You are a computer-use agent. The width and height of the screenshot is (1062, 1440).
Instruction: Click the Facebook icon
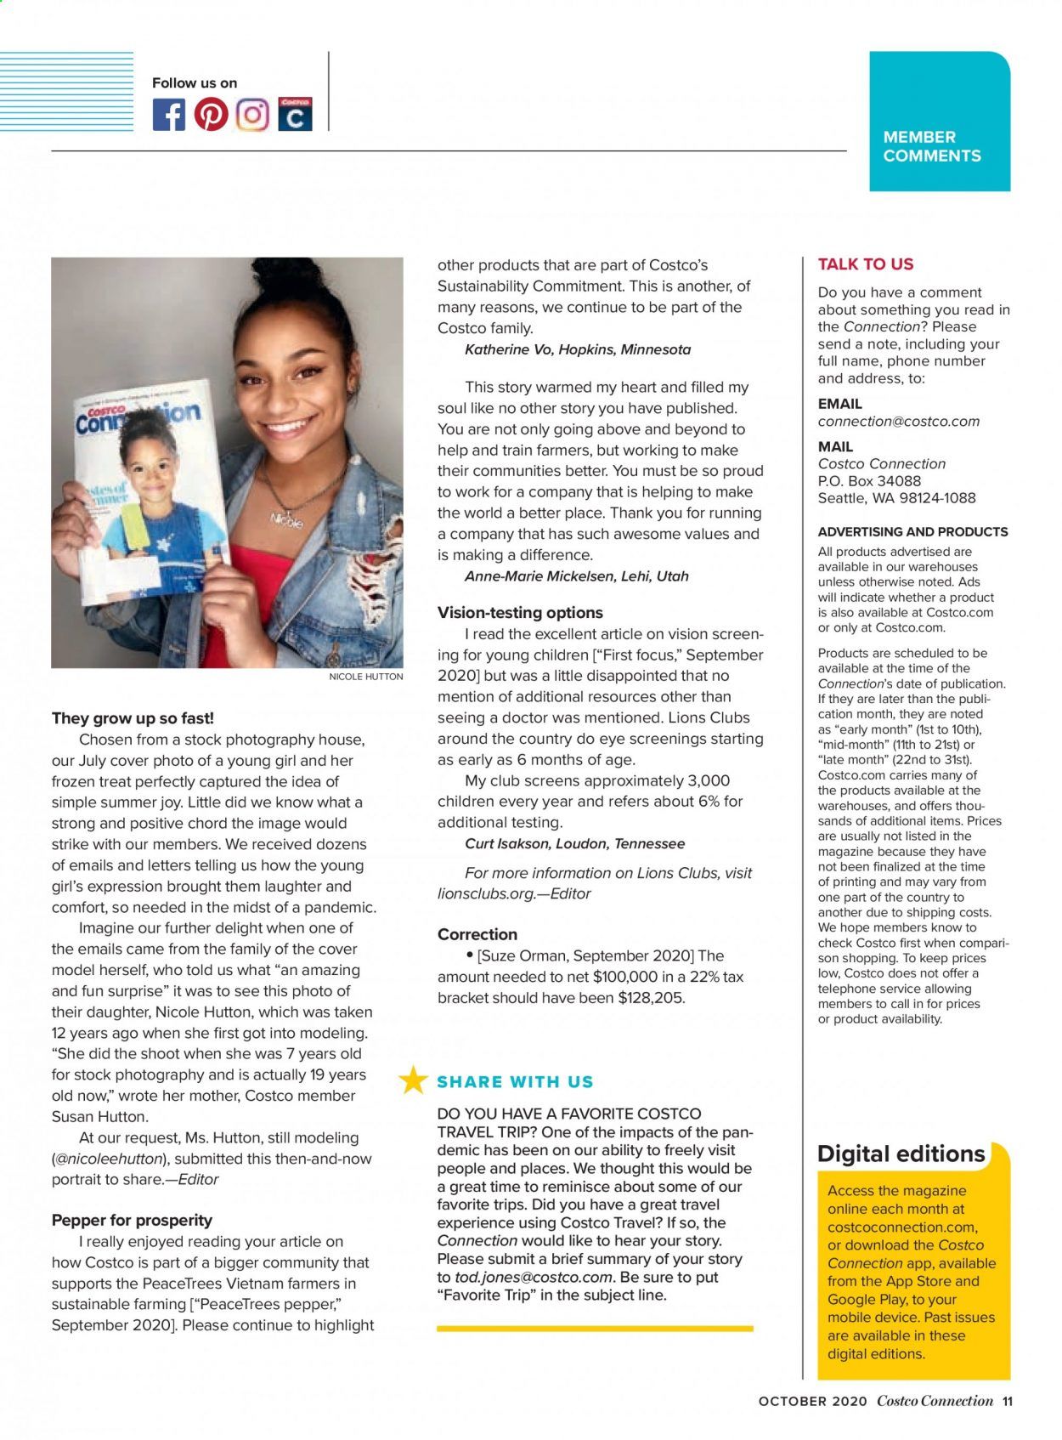coord(168,115)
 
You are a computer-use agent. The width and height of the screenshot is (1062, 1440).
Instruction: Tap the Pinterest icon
coord(211,115)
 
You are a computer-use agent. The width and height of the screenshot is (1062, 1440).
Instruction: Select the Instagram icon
coord(252,115)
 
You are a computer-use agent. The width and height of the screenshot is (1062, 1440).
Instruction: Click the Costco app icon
coord(295,115)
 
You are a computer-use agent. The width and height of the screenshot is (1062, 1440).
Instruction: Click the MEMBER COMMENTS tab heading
coord(931,146)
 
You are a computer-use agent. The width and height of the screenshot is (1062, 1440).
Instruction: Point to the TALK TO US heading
coord(865,264)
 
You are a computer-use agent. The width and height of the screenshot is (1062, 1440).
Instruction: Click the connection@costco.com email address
coord(898,422)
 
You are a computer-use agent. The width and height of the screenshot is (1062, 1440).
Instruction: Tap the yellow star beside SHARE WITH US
coord(414,1080)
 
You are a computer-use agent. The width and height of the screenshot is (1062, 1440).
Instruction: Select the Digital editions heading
coord(901,1154)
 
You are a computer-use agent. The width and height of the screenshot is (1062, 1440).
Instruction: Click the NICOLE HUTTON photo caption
coord(365,677)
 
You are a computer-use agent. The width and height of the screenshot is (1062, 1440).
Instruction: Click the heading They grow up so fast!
coord(133,718)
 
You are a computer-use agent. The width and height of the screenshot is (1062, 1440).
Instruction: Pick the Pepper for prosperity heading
coord(132,1220)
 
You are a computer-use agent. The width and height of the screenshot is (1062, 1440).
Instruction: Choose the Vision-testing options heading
coord(520,612)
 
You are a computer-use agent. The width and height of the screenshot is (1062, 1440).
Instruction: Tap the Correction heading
coord(477,934)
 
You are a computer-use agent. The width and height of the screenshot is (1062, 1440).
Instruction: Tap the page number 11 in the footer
coord(1007,1402)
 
